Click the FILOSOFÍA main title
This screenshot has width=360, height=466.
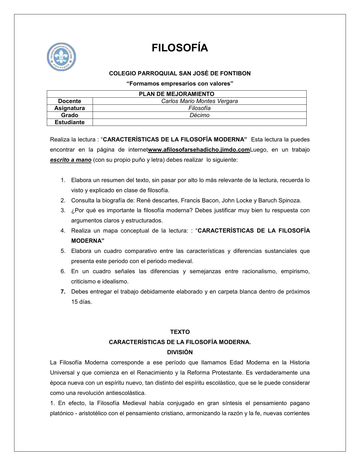click(x=180, y=48)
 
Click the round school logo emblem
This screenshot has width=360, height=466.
click(x=61, y=57)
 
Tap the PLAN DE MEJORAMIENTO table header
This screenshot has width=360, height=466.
click(x=176, y=94)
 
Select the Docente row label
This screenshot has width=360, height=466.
click(x=69, y=101)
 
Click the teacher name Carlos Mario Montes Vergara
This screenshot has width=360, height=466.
click(x=199, y=101)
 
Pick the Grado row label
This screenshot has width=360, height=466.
click(x=69, y=115)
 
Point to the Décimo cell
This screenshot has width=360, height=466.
click(x=199, y=115)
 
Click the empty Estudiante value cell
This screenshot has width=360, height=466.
click(x=199, y=122)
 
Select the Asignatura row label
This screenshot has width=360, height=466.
click(x=69, y=108)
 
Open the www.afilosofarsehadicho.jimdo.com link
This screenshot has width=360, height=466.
click(x=199, y=150)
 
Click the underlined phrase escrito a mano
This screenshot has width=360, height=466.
click(x=71, y=160)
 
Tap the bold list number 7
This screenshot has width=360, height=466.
click(x=63, y=292)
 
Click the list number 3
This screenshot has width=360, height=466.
click(x=63, y=210)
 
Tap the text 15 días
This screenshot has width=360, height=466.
click(x=81, y=302)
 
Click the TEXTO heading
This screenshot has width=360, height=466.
click(x=180, y=332)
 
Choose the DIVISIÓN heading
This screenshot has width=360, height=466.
click(x=180, y=352)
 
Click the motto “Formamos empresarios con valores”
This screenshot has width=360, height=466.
click(x=180, y=84)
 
